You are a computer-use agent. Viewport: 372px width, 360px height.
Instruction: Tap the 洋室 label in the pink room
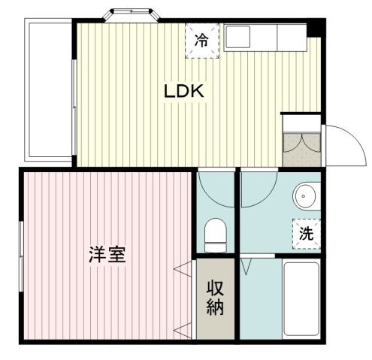107,253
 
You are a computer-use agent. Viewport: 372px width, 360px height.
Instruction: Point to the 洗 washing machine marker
306,232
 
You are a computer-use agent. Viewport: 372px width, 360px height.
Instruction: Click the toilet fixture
216,234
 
